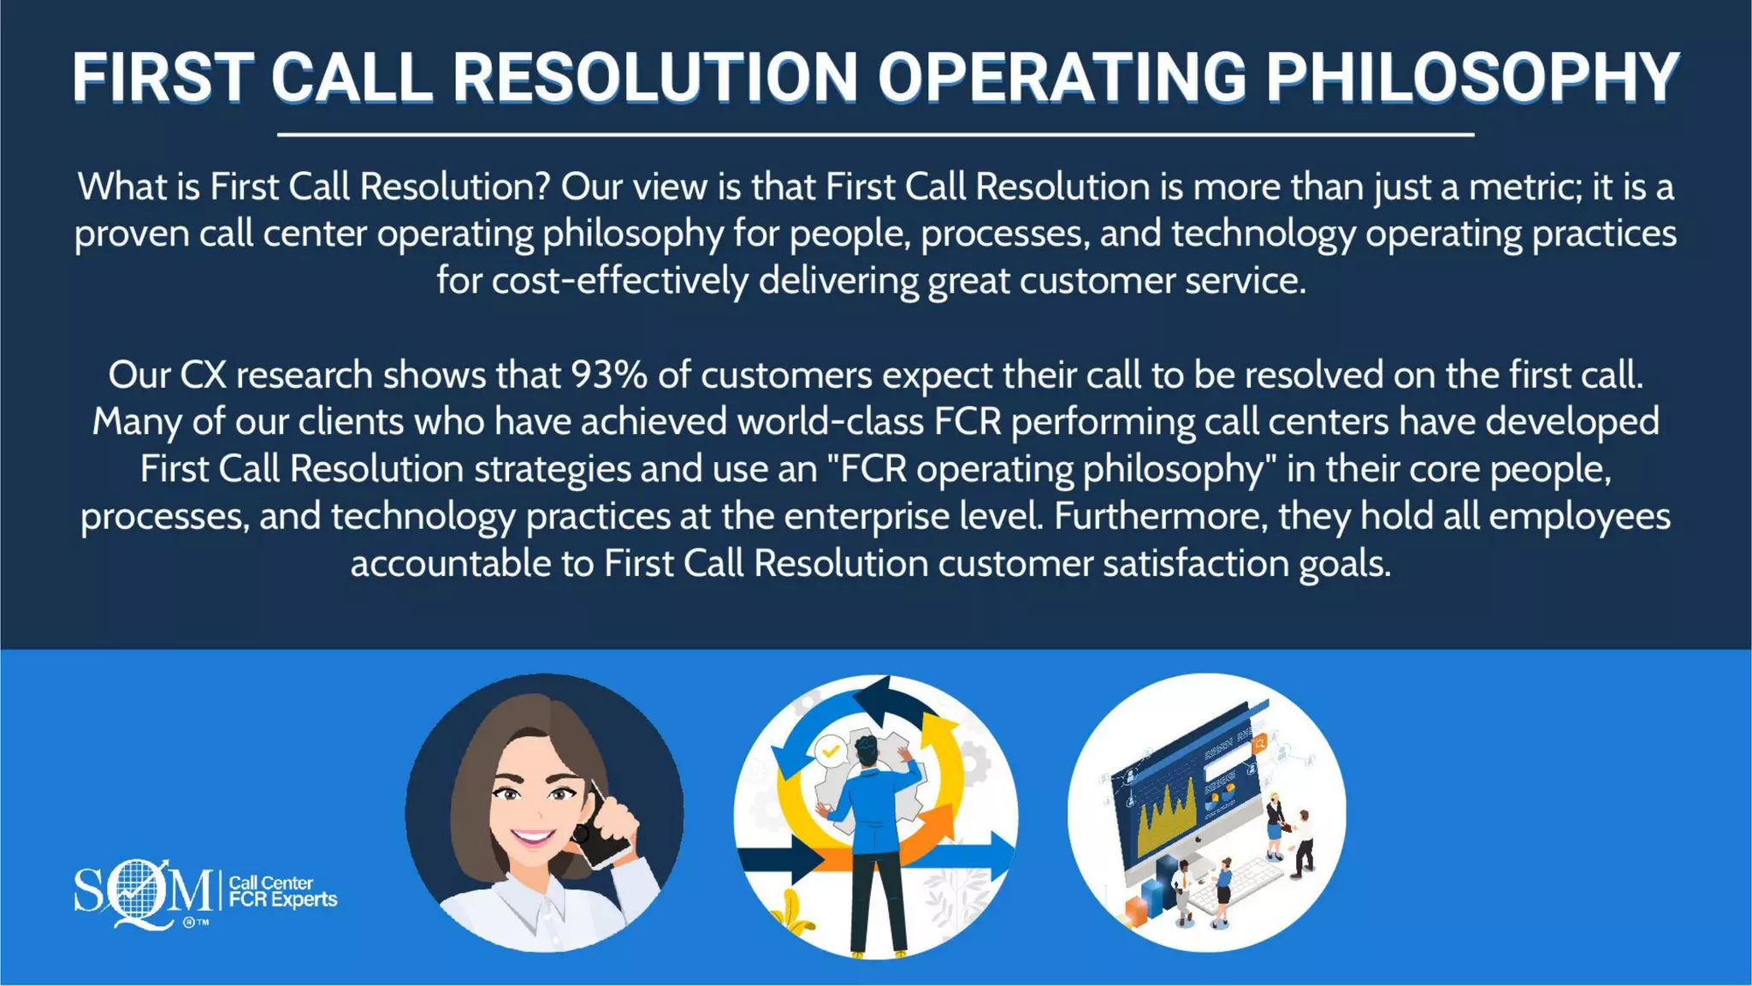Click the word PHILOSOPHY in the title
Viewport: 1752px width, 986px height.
click(1472, 78)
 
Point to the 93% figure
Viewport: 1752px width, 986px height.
click(609, 375)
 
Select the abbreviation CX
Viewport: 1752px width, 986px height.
click(203, 375)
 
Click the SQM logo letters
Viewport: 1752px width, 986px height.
click(142, 892)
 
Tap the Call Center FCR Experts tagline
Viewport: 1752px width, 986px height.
click(283, 891)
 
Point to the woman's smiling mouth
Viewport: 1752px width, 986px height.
click(533, 837)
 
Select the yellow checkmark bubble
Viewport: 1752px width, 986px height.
click(829, 752)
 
